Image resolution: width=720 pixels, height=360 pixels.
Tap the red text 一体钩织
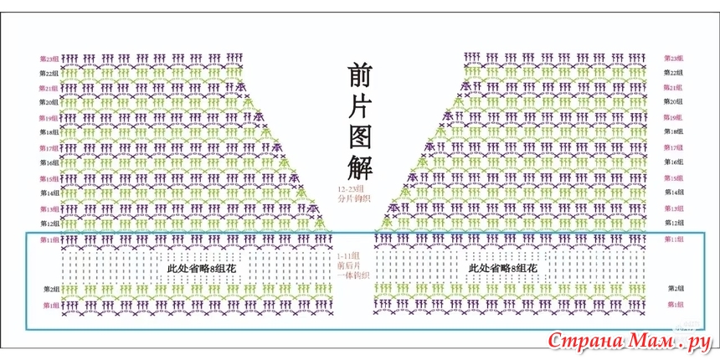(348, 275)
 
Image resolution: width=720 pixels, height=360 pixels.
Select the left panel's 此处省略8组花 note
(201, 269)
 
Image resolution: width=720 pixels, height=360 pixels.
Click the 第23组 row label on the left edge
(49, 59)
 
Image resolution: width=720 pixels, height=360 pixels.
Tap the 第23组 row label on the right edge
(674, 59)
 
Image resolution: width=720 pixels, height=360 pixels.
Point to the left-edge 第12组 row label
(49, 224)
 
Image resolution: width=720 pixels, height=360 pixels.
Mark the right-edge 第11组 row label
(674, 239)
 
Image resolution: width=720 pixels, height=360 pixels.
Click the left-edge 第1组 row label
(49, 305)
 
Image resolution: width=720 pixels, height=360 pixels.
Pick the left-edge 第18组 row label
(49, 132)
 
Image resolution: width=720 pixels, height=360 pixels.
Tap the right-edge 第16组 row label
(674, 162)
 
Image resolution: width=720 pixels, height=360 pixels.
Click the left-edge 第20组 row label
(49, 102)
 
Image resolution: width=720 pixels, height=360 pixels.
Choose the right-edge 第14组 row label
(674, 193)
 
